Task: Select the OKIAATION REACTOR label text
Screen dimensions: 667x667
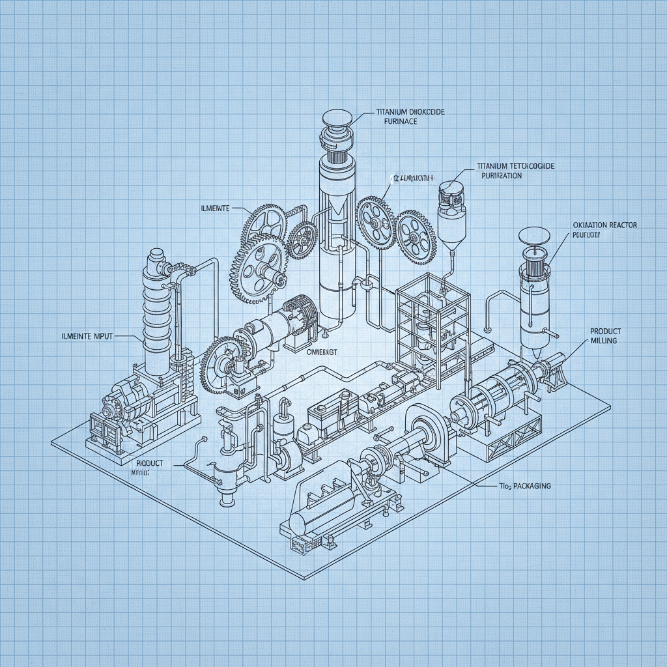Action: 604,225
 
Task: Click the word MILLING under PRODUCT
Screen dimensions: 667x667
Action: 604,341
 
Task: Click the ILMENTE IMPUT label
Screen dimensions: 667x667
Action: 82,336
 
